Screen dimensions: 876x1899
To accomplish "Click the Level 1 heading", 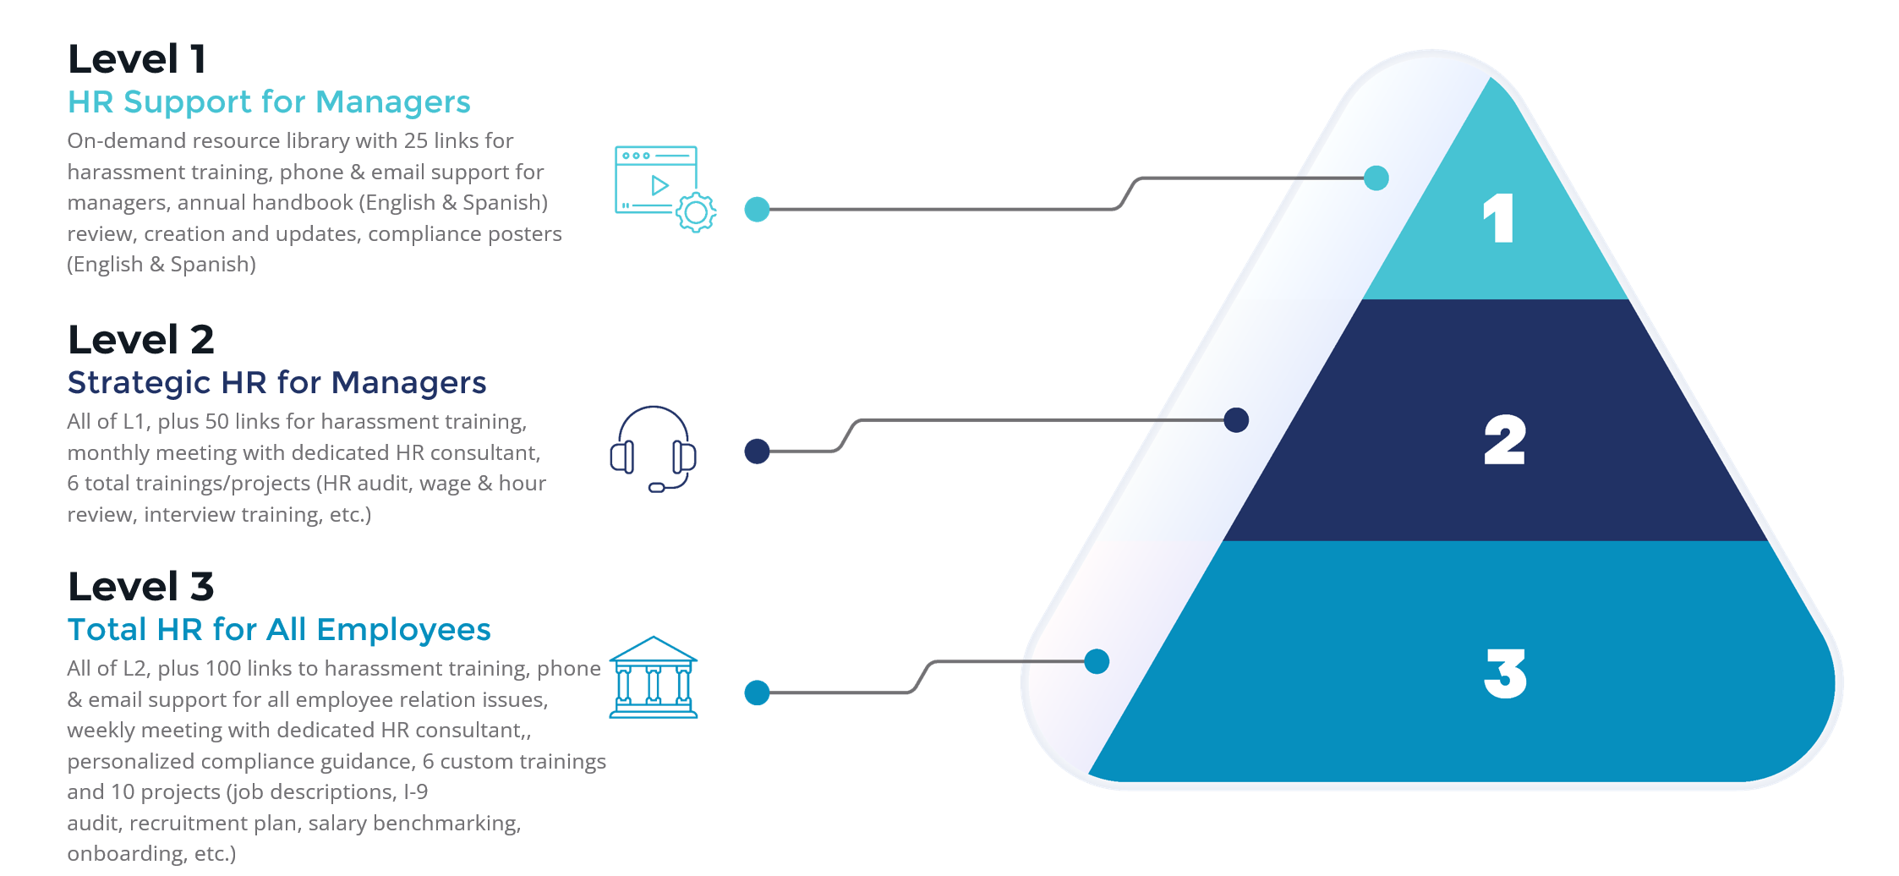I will point(137,59).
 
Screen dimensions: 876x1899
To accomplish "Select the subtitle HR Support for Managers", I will point(269,102).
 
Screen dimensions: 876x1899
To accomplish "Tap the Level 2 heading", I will point(141,340).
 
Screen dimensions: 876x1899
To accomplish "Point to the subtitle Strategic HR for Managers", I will point(276,383).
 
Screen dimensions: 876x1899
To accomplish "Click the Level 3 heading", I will point(141,587).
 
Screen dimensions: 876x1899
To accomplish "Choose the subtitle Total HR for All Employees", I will point(279,630).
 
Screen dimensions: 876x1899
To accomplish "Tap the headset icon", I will point(653,449).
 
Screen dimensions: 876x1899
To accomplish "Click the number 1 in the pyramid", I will point(1498,218).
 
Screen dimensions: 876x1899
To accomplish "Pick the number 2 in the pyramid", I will point(1505,441).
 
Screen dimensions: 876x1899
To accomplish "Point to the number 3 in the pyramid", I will point(1506,674).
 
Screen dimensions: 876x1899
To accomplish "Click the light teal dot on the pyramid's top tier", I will point(1376,178).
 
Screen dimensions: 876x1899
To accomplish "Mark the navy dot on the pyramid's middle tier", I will point(1236,420).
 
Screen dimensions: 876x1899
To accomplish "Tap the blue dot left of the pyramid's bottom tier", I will point(1097,662).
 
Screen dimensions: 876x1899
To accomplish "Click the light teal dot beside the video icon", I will point(757,210).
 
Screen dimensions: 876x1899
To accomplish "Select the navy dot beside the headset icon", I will point(757,452).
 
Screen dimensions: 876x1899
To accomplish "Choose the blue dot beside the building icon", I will point(757,693).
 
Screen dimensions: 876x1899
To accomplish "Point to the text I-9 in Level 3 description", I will point(416,792).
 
